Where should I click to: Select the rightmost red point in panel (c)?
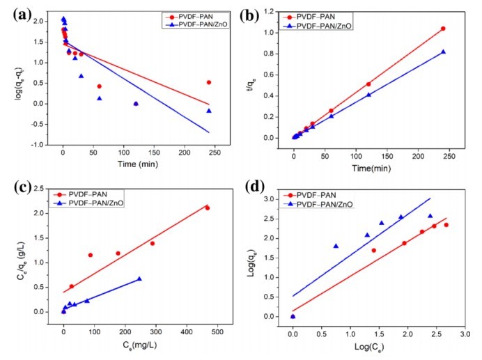coord(207,208)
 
